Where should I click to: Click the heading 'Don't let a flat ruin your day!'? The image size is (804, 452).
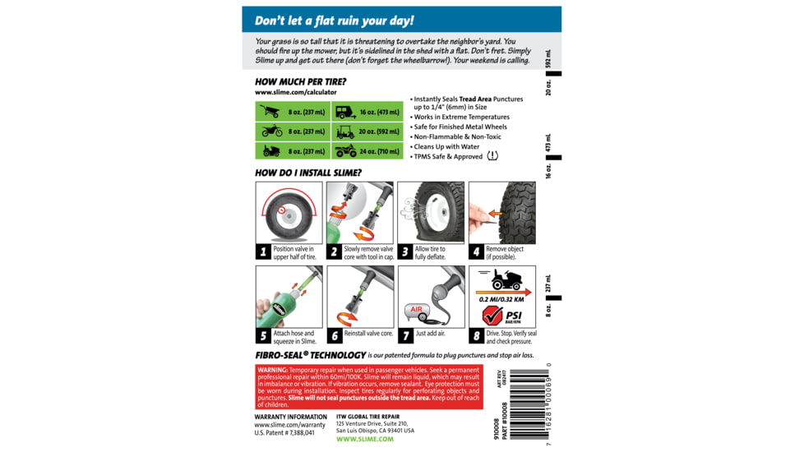tap(334, 21)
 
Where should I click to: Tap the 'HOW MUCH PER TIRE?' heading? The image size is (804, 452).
tap(300, 82)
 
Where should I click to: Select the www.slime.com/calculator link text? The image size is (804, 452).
tap(295, 93)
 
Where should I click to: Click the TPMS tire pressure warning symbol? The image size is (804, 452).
tap(492, 156)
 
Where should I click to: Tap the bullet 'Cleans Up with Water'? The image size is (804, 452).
tap(446, 147)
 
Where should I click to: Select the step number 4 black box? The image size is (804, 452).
tap(477, 252)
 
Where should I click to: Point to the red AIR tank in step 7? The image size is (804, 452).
tap(415, 311)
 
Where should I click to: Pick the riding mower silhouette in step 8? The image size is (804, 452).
tap(506, 280)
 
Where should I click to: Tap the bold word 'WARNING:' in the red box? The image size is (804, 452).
tap(273, 371)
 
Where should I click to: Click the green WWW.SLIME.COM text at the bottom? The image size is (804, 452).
tap(364, 440)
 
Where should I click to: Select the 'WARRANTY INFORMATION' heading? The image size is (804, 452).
tap(290, 417)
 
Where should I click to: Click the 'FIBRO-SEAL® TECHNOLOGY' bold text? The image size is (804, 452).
tap(303, 355)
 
